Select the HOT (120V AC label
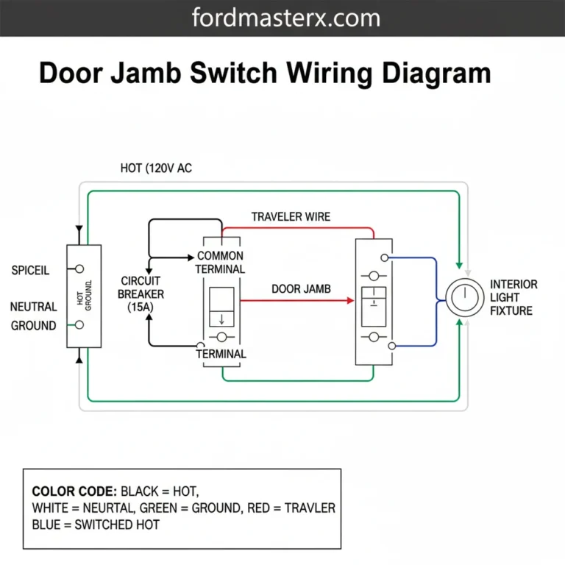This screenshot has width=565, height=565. pyautogui.click(x=156, y=168)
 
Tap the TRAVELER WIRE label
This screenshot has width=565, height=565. pyautogui.click(x=291, y=217)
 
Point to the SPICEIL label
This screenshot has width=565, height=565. pyautogui.click(x=30, y=270)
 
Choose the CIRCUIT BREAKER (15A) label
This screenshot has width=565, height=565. pyautogui.click(x=142, y=294)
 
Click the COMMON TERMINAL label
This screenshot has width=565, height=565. pyautogui.click(x=220, y=263)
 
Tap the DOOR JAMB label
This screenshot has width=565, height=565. pyautogui.click(x=301, y=289)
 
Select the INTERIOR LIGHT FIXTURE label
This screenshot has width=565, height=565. pyautogui.click(x=514, y=297)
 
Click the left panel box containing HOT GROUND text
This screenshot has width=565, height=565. pyautogui.click(x=83, y=296)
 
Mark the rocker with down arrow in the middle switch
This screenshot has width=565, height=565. pyautogui.click(x=221, y=307)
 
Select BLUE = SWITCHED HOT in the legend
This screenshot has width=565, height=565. pyautogui.click(x=96, y=525)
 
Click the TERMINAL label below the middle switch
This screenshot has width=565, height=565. pyautogui.click(x=221, y=354)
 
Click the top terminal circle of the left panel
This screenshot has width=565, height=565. pyautogui.click(x=79, y=269)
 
